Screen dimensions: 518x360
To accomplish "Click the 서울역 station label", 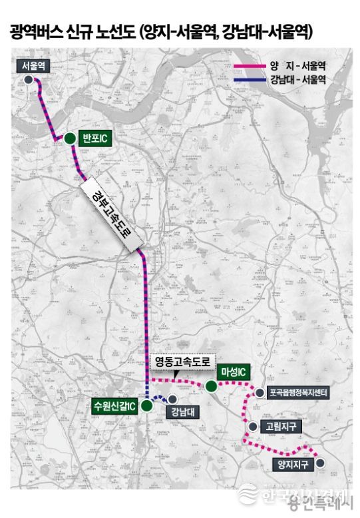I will (x=33, y=65).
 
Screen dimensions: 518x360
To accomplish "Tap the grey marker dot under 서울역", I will (x=29, y=79).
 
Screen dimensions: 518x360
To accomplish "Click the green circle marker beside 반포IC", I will (x=69, y=138).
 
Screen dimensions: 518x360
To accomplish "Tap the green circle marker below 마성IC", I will (x=211, y=386).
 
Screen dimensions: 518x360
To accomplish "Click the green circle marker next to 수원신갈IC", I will (x=146, y=405).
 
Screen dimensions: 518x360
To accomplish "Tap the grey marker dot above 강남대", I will (x=172, y=399).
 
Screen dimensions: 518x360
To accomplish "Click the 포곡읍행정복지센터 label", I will (x=298, y=393).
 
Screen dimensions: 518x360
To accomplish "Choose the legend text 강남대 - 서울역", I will (x=297, y=79).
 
